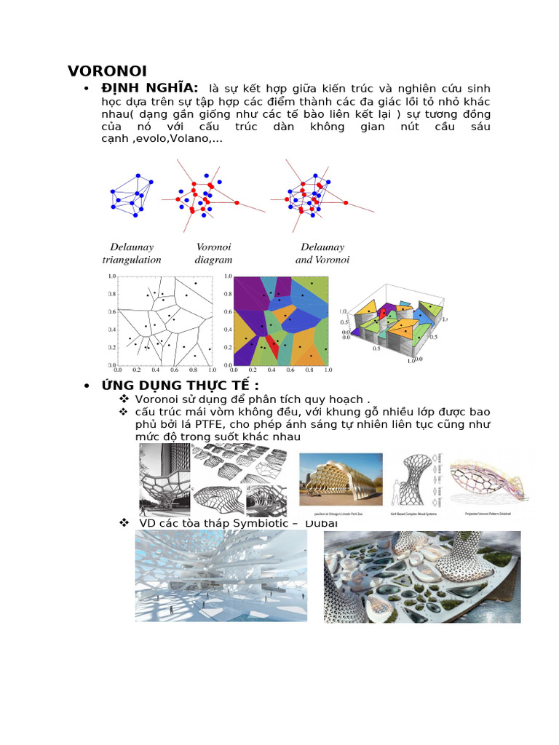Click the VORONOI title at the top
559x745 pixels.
point(107,71)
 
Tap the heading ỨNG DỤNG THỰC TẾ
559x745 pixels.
point(180,385)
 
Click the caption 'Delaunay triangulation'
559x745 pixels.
point(132,253)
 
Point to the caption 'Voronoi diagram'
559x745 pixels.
point(213,253)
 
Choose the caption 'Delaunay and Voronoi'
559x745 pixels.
point(322,253)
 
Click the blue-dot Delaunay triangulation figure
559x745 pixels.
point(133,193)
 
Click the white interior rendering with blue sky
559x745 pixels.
point(221,576)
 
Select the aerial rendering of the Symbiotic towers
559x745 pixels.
point(421,576)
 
